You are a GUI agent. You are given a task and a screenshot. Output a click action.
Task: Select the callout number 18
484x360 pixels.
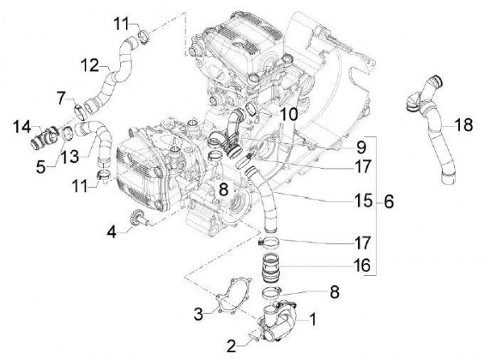[462, 124]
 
